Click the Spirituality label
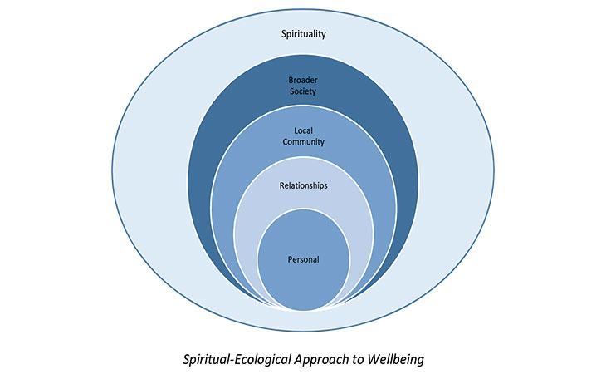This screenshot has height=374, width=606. pos(302,35)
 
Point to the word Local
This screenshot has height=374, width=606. pos(302,130)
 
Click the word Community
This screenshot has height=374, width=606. pos(302,142)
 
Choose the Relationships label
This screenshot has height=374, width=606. pos(302,185)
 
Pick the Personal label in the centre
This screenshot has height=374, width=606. pos(302,260)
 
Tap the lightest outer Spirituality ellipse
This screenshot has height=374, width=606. pos(149,166)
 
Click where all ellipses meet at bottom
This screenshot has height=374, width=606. pos(302,308)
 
